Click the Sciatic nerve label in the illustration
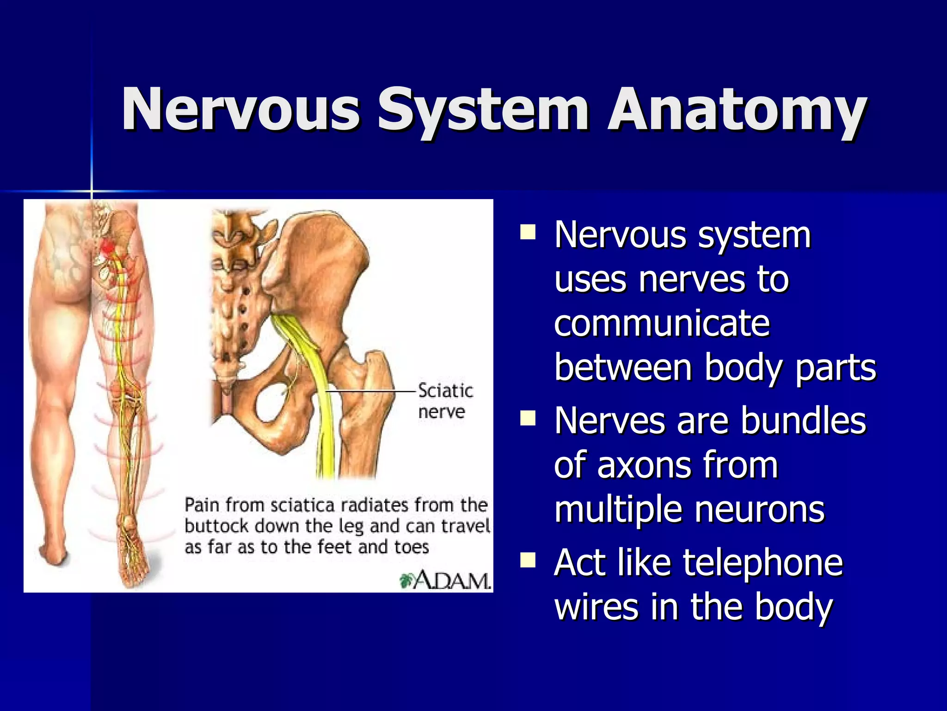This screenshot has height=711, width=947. pyautogui.click(x=445, y=401)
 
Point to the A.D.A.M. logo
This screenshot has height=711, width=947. pyautogui.click(x=445, y=580)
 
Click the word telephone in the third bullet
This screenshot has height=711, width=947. pyautogui.click(x=763, y=563)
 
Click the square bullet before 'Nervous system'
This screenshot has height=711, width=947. pyautogui.click(x=527, y=231)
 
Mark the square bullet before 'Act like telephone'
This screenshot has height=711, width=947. pyautogui.click(x=527, y=560)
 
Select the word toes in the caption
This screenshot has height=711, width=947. pyautogui.click(x=412, y=548)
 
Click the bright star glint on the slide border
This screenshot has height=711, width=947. pyautogui.click(x=92, y=191)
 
